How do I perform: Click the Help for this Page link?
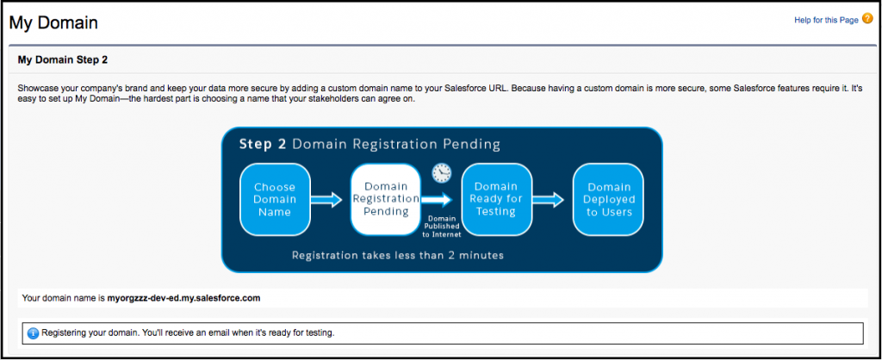coord(826,21)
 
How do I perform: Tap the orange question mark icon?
coord(866,19)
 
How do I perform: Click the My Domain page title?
coord(53,22)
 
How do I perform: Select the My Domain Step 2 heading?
coord(62,59)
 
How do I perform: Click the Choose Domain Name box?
coord(275,199)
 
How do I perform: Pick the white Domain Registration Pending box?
coord(385,199)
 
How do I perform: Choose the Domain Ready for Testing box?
coord(496,199)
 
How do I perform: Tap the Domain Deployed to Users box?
coord(608,199)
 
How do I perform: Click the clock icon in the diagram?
coord(442,173)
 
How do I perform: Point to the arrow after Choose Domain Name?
coord(326,199)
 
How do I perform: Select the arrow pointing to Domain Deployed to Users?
coord(549,199)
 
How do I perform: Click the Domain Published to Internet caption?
coord(443,227)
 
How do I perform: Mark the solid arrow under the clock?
coord(437,199)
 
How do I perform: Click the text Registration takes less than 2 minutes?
coord(398,256)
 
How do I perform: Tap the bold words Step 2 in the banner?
coord(264,145)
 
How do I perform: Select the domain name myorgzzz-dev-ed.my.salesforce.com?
coord(184,298)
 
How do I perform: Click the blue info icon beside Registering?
coord(33,333)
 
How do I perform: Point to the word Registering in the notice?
coord(61,333)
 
